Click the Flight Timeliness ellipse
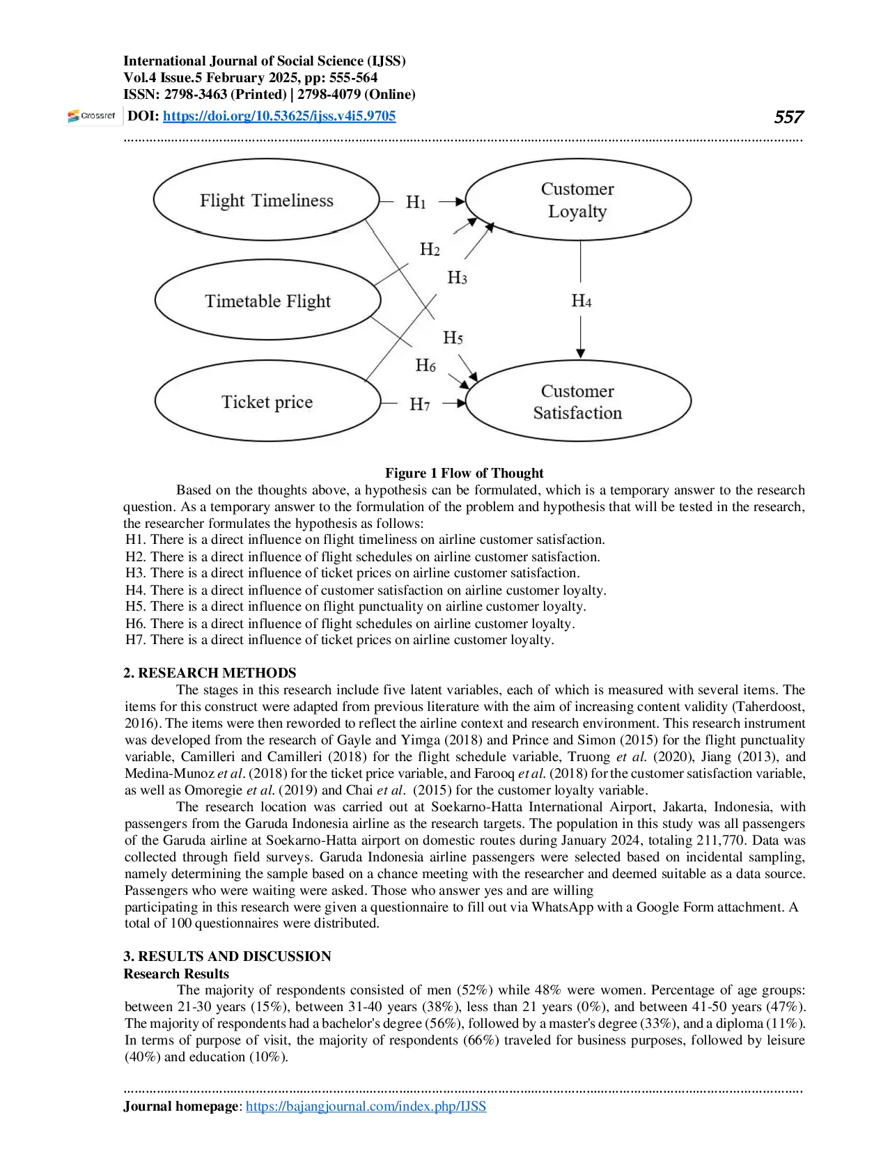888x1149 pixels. (266, 201)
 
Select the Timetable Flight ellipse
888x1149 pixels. (267, 301)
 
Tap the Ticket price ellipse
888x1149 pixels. (267, 402)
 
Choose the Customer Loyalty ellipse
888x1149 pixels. (577, 200)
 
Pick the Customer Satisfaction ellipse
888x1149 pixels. (577, 402)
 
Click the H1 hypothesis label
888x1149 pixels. (416, 202)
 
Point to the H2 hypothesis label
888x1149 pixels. (430, 249)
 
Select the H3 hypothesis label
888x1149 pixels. (457, 278)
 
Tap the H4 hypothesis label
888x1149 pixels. (582, 301)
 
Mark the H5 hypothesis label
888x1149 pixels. (453, 338)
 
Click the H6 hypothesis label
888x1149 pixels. (426, 365)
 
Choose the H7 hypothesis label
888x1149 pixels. (419, 404)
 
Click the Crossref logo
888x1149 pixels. (91, 116)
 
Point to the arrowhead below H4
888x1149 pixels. (581, 354)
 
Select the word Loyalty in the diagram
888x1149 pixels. (577, 212)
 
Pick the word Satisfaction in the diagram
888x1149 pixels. (577, 413)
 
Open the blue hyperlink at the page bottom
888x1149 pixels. (367, 1106)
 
